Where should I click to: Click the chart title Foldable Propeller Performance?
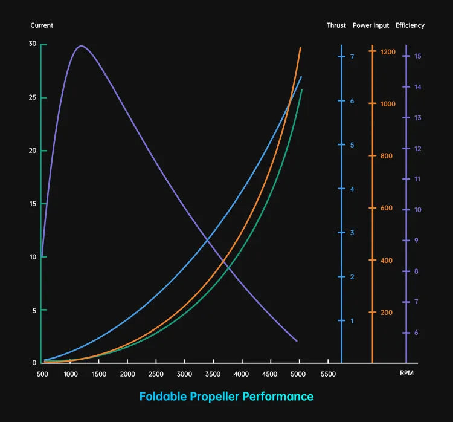point(226,397)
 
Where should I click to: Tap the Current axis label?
point(42,25)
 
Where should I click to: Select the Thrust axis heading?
point(336,25)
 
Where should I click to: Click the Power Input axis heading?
point(371,25)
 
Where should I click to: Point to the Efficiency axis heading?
point(410,25)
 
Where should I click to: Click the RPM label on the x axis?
point(406,374)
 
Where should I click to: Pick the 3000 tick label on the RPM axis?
point(185,374)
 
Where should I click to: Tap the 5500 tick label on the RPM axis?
point(327,374)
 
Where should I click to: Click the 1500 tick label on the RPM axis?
point(99,374)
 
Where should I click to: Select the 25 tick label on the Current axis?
point(33,97)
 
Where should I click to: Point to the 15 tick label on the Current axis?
point(33,204)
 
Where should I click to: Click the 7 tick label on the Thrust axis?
point(352,57)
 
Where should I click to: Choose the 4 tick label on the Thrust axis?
point(352,189)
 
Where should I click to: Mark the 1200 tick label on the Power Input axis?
point(388,52)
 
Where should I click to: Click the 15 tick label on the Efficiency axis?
point(417,56)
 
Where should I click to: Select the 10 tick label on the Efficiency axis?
point(417,210)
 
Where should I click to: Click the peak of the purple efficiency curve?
point(81,46)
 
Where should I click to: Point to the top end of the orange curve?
point(300,48)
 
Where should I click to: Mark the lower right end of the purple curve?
point(297,341)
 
